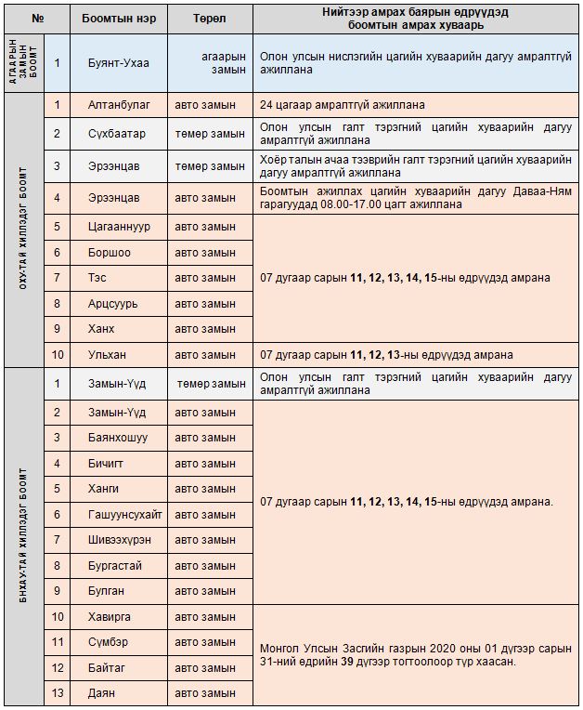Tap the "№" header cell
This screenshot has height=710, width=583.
38,19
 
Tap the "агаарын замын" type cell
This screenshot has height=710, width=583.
224,62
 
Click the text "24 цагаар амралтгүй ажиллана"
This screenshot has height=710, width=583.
343,105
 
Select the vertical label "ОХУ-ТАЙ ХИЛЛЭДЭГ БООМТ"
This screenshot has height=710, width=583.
23,229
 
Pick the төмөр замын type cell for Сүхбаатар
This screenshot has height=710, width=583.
210,134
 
